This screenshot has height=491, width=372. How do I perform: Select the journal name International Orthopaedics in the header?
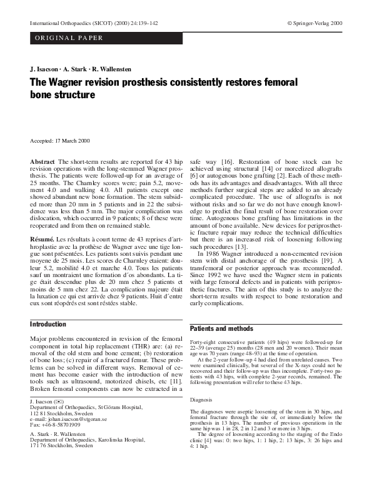pos(60,23)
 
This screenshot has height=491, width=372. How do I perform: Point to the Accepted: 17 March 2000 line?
pos(60,141)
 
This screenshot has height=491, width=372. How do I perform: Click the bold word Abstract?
pos(42,162)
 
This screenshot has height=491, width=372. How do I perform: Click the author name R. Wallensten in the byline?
pos(109,69)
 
